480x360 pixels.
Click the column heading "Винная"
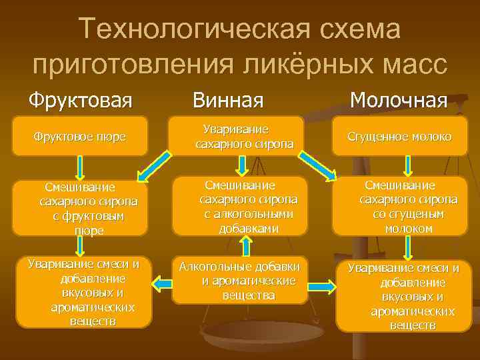click(x=228, y=101)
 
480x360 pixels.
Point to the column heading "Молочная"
click(x=398, y=101)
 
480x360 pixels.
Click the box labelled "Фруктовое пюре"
click(x=80, y=137)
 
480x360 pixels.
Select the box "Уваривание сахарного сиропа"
click(x=238, y=136)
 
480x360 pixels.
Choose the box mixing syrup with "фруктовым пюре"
click(x=80, y=207)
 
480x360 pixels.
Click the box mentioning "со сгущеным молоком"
click(x=407, y=206)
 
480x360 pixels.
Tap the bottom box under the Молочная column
click(x=407, y=296)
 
